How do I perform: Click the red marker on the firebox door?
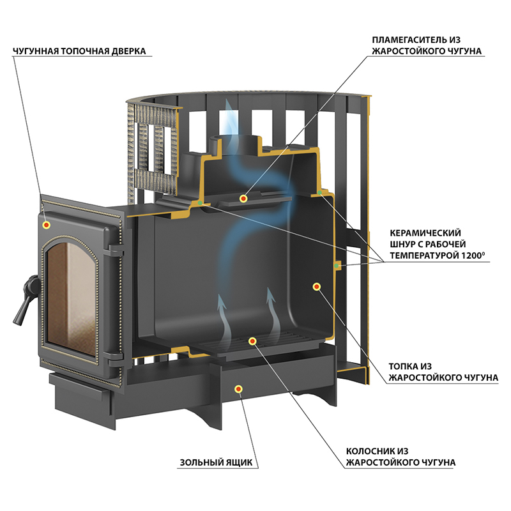coord(46,225)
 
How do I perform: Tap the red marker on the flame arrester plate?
coord(243,198)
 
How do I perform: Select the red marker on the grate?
coord(252,341)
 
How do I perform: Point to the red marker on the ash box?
coord(238,389)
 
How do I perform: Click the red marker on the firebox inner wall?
coord(316,286)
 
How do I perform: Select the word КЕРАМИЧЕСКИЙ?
coord(425,233)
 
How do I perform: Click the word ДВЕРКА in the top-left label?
coord(129,51)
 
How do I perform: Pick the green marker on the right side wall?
coord(337,266)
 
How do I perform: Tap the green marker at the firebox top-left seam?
coord(200,203)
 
